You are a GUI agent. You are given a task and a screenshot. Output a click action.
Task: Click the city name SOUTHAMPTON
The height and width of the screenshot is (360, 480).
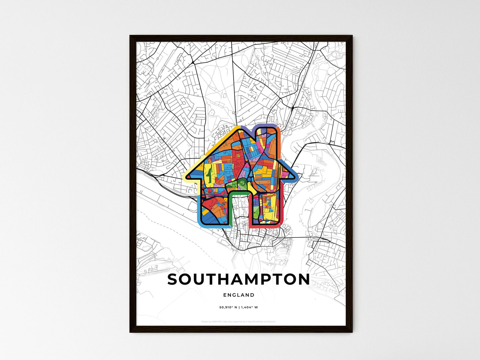(239, 280)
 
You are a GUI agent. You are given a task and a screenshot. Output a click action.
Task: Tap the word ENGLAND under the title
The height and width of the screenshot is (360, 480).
(239, 295)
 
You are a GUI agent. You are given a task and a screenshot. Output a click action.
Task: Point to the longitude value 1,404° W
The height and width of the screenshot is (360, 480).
(249, 307)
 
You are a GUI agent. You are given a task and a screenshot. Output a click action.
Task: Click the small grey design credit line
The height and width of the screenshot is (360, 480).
(239, 321)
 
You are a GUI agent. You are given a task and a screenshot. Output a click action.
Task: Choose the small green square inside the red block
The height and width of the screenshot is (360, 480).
(238, 155)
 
